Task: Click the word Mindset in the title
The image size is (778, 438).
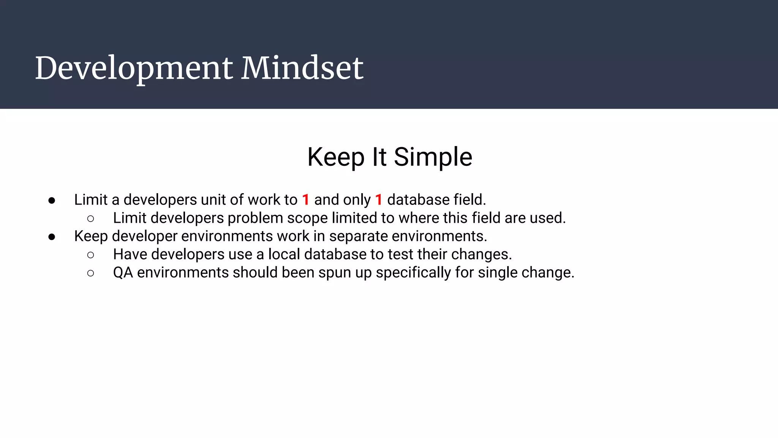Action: pyautogui.click(x=302, y=68)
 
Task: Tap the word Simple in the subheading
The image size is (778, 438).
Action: pyautogui.click(x=433, y=157)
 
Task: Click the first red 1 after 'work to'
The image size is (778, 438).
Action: pyautogui.click(x=305, y=200)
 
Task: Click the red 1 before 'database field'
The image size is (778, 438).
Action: pyautogui.click(x=378, y=200)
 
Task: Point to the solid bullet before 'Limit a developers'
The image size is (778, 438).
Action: pyautogui.click(x=52, y=200)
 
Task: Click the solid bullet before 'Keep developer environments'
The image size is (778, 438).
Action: pyautogui.click(x=52, y=237)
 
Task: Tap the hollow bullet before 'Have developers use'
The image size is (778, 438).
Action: pyautogui.click(x=90, y=255)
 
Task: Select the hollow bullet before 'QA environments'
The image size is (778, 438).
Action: pyautogui.click(x=90, y=273)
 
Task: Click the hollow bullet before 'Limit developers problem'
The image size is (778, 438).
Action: pyautogui.click(x=90, y=219)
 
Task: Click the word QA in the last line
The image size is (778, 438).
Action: pyautogui.click(x=123, y=273)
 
